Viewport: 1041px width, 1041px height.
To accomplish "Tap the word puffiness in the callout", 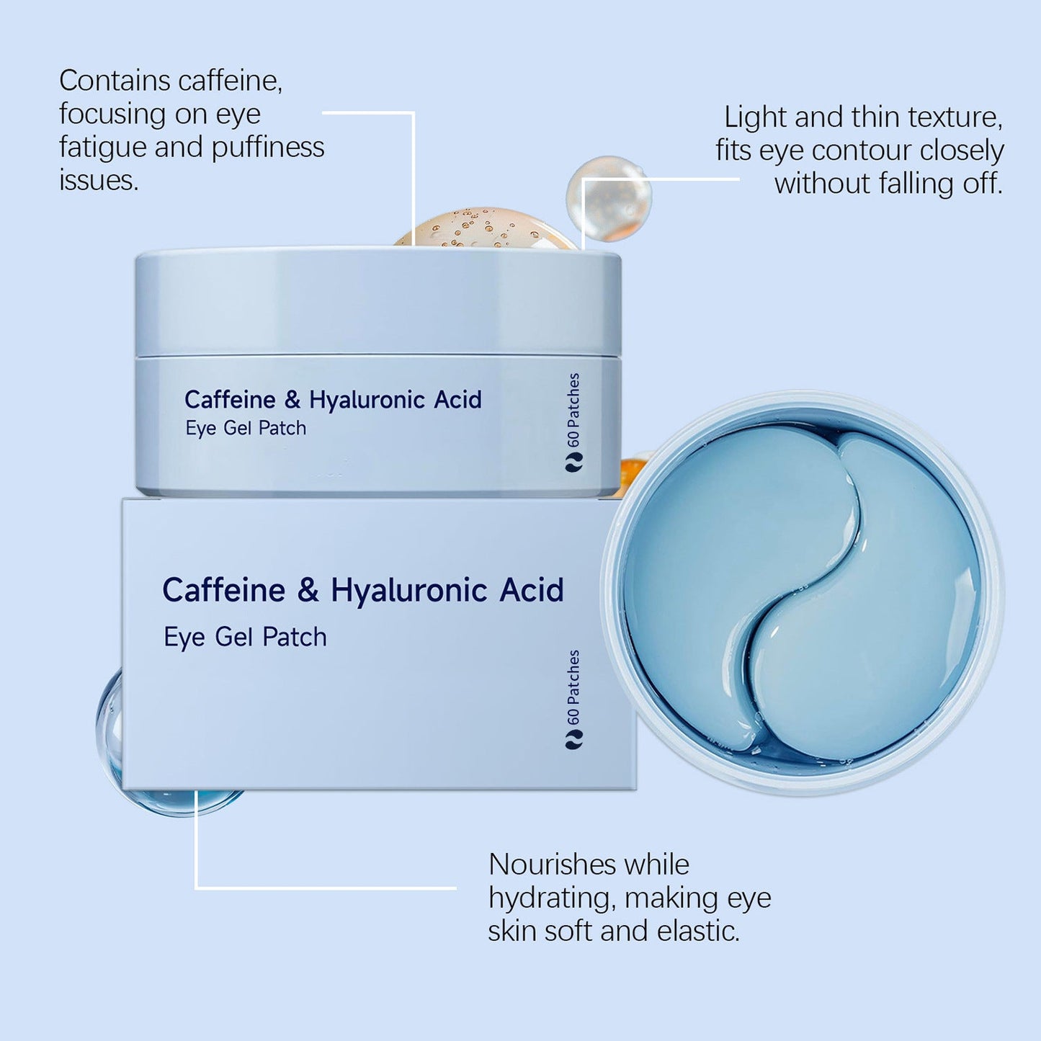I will [x=268, y=147].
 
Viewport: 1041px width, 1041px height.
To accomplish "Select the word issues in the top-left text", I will [x=99, y=180].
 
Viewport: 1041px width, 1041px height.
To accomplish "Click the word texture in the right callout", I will [x=954, y=117].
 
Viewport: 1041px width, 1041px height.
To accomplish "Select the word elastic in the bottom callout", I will [x=698, y=931].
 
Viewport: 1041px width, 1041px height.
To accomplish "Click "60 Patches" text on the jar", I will [x=573, y=411].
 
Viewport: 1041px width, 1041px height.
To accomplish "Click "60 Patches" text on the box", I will [x=573, y=687].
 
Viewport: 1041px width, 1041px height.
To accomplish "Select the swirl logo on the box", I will [x=573, y=740].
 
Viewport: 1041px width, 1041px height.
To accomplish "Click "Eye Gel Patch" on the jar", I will [x=246, y=428].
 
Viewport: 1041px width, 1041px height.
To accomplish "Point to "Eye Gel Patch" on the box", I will [x=245, y=637].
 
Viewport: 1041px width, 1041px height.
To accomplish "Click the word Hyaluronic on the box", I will [x=408, y=591].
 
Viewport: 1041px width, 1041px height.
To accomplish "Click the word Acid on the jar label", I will [x=457, y=400].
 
